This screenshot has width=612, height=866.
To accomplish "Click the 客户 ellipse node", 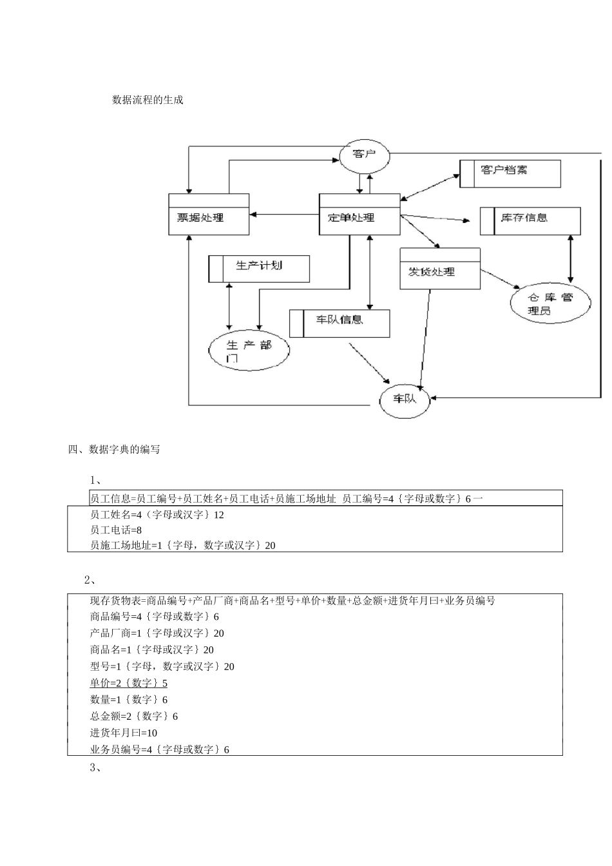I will coord(365,155).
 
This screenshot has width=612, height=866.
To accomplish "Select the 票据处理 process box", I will coord(209,215).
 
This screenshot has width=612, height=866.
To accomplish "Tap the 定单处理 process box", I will coord(359,215).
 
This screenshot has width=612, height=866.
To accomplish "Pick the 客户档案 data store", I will coord(510,173).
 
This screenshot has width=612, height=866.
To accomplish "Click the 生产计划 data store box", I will coord(259,269).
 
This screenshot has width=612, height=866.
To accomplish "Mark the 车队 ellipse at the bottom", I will coord(405,399).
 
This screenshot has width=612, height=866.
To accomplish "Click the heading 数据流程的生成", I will coord(148,100).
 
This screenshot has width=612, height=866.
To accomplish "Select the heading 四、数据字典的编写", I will coord(114,450).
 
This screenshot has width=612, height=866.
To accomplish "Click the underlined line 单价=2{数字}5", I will coord(129,683).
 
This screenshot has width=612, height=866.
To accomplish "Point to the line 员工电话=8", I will coord(116,530).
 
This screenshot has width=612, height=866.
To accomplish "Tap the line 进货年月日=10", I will coord(124,733).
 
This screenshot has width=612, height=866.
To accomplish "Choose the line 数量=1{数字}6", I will coord(129,700).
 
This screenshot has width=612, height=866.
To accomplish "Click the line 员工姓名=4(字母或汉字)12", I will coord(157,515).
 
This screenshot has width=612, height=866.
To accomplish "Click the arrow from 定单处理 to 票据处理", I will coord(284,215).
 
